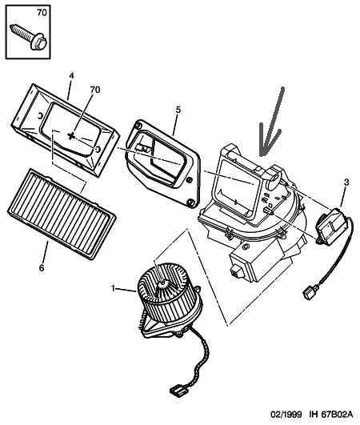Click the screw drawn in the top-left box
[x=29, y=38]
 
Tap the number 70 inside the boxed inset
[x=42, y=13]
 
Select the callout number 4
[x=71, y=76]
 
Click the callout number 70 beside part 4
[x=95, y=90]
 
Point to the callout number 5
[x=178, y=110]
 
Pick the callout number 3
[x=346, y=182]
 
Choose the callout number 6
[x=42, y=268]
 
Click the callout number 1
[x=114, y=288]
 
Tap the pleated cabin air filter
[x=62, y=214]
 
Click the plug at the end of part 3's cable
[x=309, y=293]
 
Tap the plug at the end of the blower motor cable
[x=176, y=391]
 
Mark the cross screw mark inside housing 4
[x=71, y=136]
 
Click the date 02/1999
[x=286, y=414]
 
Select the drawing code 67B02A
[x=338, y=414]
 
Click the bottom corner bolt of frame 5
[x=190, y=202]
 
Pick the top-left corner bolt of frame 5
[x=138, y=125]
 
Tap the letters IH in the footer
[x=314, y=414]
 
